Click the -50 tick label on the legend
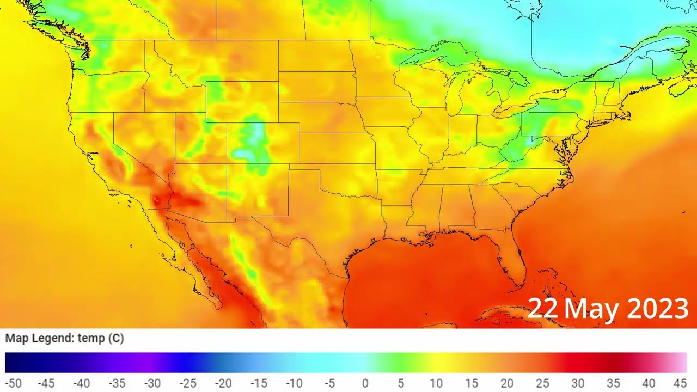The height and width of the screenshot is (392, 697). [13, 383]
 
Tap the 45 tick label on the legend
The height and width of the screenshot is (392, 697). [680, 383]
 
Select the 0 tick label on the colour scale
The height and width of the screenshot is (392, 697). [365, 383]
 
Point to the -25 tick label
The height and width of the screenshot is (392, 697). [188, 383]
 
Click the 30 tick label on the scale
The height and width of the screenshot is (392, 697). [577, 383]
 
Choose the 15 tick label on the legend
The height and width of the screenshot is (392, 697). [471, 383]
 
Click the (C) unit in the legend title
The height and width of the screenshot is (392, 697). [115, 338]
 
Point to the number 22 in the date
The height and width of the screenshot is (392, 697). [543, 309]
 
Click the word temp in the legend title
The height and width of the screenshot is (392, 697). [90, 338]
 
